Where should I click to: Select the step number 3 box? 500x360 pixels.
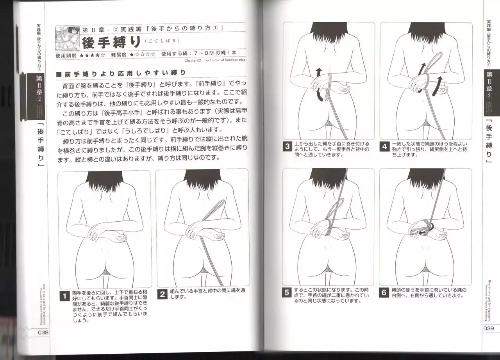288,147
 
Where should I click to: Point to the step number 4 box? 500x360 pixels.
385,147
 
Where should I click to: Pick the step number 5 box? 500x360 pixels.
287,292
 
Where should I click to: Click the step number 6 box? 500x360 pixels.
384,292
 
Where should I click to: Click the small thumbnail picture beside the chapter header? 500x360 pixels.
68,39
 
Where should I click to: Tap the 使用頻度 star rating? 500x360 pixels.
92,55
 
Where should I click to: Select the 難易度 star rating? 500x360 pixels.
143,55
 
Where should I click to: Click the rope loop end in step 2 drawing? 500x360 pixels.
219,203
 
